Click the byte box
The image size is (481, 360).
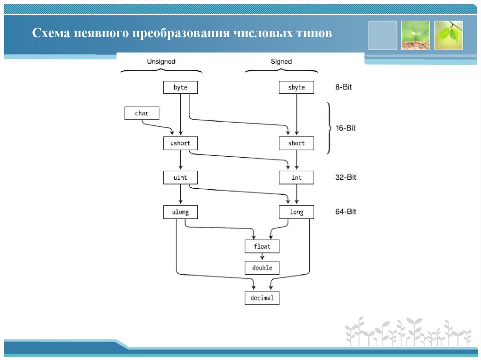pos(180,87)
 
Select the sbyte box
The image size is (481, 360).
pos(296,87)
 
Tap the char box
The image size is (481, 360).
pos(142,113)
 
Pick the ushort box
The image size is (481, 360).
pos(180,143)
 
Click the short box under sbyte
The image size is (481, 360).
pos(296,143)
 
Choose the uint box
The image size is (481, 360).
pos(180,177)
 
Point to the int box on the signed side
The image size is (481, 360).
pos(296,177)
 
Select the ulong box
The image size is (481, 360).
pos(180,212)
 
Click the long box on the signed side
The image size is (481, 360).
pos(296,212)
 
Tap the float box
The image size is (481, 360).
pos(262,246)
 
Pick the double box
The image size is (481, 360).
pos(262,268)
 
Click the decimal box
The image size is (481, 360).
pos(262,298)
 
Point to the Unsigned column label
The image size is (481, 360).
pos(161,61)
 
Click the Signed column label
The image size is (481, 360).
pos(281,61)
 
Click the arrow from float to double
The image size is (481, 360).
pos(262,257)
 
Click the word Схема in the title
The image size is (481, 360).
pos(49,34)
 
